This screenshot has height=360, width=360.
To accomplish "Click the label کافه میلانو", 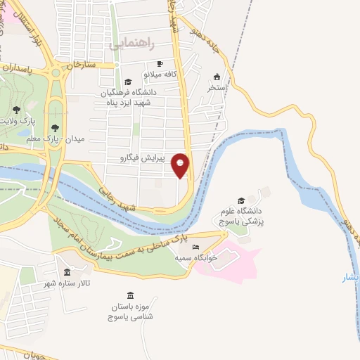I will (x=143, y=74).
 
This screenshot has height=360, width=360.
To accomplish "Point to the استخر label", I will (x=217, y=88).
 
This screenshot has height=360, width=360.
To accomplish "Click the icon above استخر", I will (x=217, y=77).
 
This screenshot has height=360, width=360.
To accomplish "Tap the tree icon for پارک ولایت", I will (x=16, y=110).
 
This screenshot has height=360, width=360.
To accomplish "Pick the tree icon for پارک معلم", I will (x=55, y=127).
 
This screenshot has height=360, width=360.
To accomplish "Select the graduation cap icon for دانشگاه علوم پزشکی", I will (x=241, y=200).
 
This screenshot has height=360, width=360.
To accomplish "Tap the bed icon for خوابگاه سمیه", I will (x=195, y=247).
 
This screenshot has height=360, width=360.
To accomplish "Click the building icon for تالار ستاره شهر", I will (x=67, y=272).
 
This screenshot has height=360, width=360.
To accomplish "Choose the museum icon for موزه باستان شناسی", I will (x=129, y=296).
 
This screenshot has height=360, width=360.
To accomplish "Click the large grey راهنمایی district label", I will (x=132, y=43).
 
